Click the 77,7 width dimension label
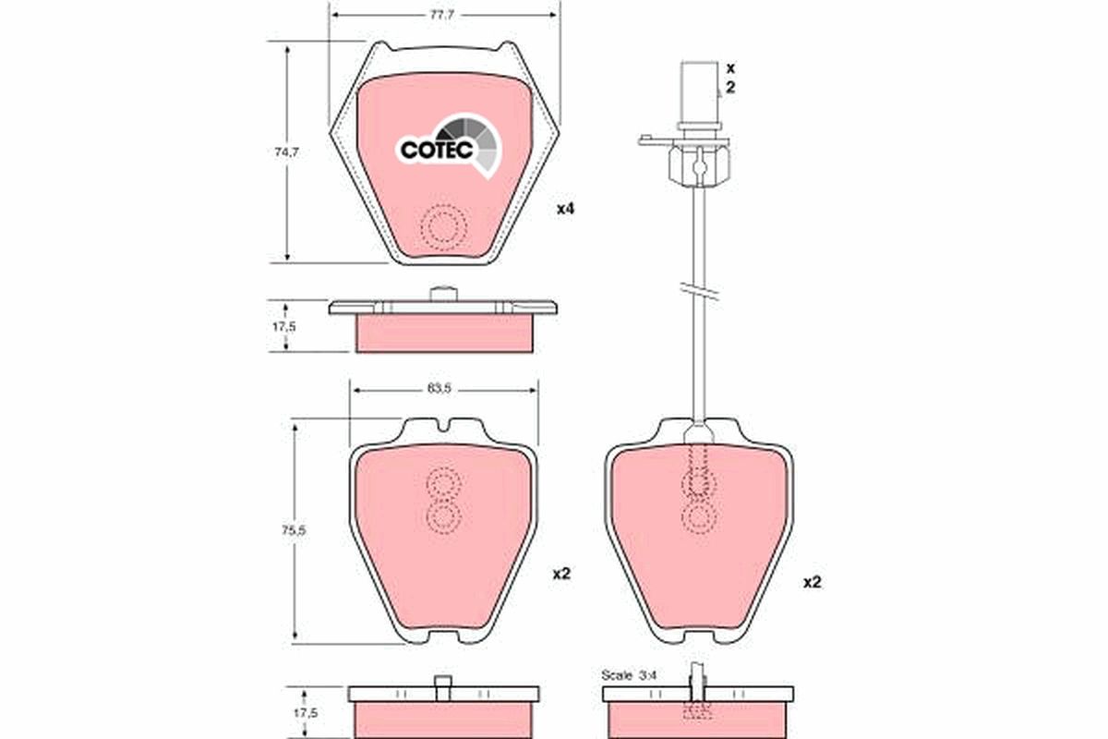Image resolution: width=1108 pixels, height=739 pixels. (x=441, y=16)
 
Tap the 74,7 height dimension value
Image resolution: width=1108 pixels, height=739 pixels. (x=287, y=153)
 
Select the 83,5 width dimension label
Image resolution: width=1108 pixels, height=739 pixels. (x=440, y=389)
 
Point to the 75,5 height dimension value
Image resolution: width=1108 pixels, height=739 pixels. (x=294, y=530)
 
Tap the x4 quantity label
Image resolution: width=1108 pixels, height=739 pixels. (x=565, y=209)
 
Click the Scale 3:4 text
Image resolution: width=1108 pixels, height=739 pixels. (x=629, y=674)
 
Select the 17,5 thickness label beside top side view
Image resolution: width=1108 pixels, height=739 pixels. (x=284, y=327)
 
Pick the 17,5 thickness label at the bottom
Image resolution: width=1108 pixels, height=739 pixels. (x=306, y=713)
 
